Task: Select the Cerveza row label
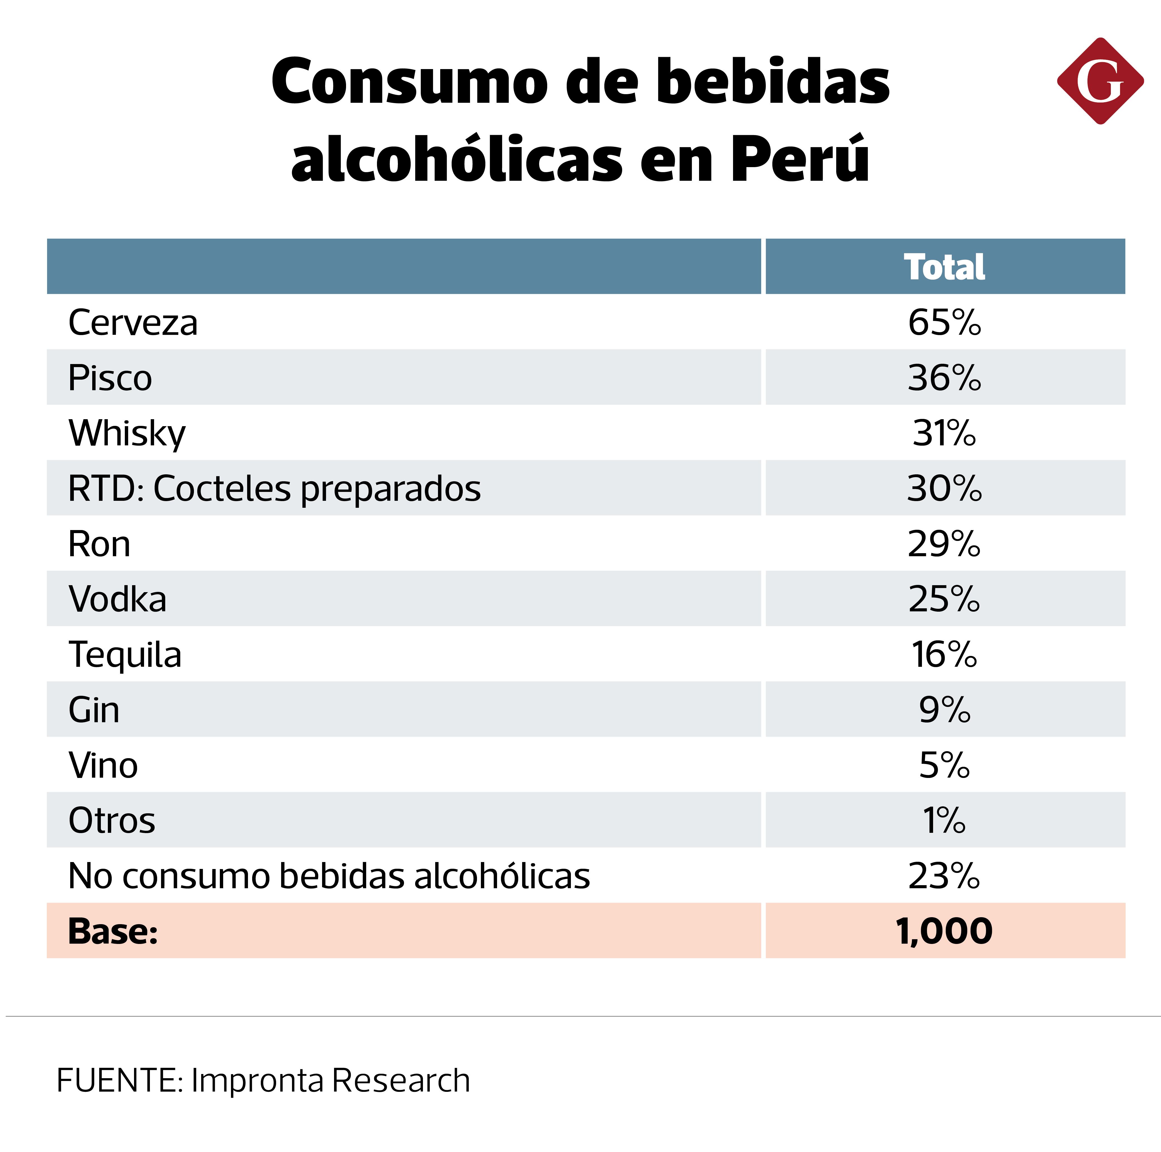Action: pyautogui.click(x=133, y=323)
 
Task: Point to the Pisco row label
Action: pyautogui.click(x=110, y=378)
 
